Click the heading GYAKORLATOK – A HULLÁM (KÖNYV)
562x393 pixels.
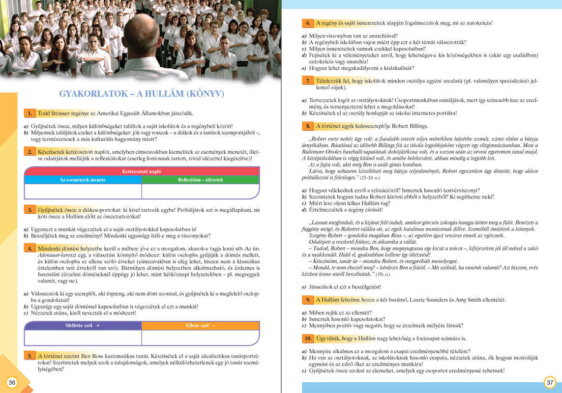[x=142, y=93]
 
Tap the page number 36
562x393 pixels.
[x=12, y=382]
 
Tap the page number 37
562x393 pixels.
[x=550, y=382]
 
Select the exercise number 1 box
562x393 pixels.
[x=30, y=113]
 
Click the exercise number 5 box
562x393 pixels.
[x=30, y=356]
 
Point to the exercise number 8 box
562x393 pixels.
[x=307, y=126]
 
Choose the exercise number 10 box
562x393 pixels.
[x=307, y=338]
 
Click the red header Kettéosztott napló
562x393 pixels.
[x=142, y=171]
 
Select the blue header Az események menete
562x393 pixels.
[x=83, y=180]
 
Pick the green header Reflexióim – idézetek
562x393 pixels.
[x=200, y=180]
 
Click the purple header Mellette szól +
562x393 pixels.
[x=83, y=326]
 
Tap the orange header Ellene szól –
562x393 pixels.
[x=200, y=326]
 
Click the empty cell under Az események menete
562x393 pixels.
[x=83, y=191]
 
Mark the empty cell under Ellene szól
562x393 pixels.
[x=200, y=337]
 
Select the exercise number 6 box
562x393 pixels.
[x=307, y=23]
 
